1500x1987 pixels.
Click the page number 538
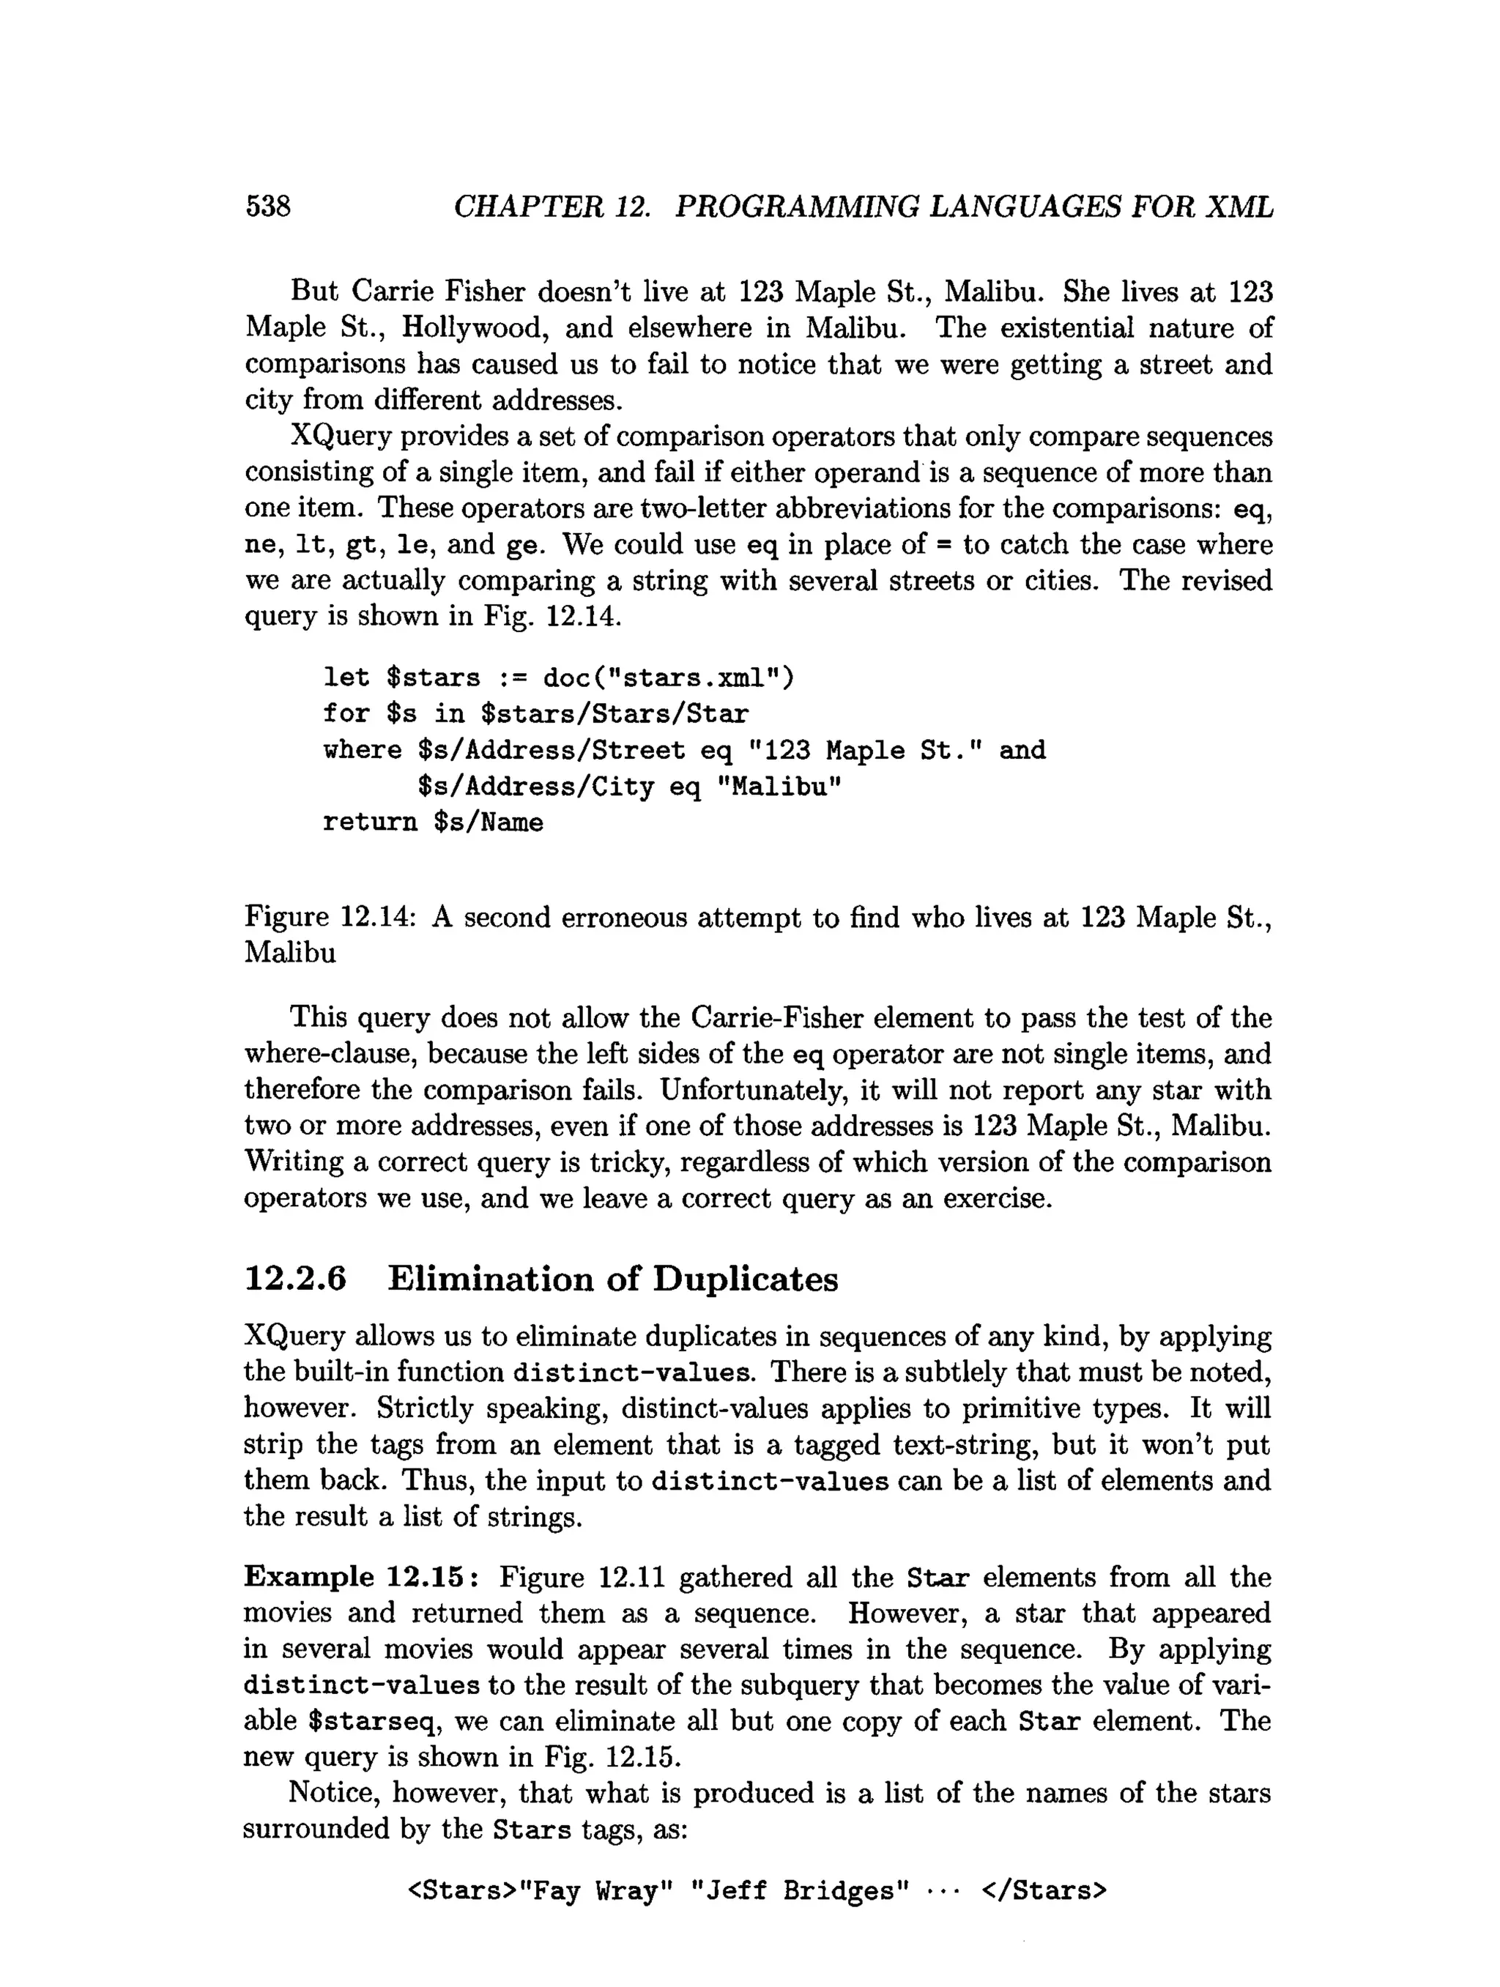tap(267, 207)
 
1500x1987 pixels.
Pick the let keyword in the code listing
tap(346, 677)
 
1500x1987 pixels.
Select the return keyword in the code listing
tap(370, 822)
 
